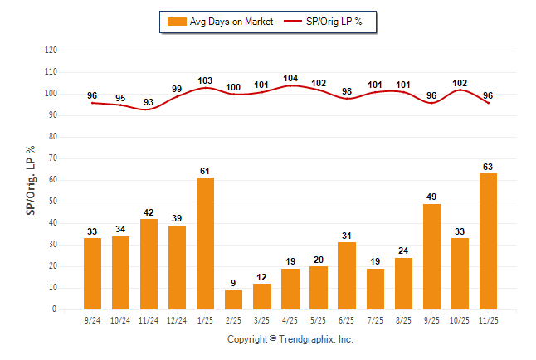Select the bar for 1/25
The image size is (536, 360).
[x=205, y=243]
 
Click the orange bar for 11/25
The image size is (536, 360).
[x=488, y=241]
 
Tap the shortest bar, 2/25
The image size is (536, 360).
[x=233, y=299]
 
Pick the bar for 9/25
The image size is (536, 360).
[x=431, y=256]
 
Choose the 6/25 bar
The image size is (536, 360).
[x=347, y=275]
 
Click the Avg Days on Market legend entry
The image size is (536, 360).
[x=217, y=22]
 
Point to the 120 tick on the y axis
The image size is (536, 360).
[x=51, y=51]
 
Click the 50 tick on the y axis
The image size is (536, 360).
[x=53, y=202]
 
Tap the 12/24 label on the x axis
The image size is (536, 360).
[x=177, y=319]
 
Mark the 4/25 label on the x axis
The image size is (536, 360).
[x=290, y=319]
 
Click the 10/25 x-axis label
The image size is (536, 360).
[x=460, y=319]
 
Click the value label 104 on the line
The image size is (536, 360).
[x=290, y=78]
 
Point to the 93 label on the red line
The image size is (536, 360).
[x=149, y=102]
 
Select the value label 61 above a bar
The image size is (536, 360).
[x=205, y=171]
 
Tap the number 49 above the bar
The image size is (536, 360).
[x=431, y=197]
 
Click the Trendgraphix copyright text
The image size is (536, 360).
[x=290, y=339]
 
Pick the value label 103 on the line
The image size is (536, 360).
[x=205, y=80]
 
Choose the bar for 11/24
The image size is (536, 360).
[x=149, y=264]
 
